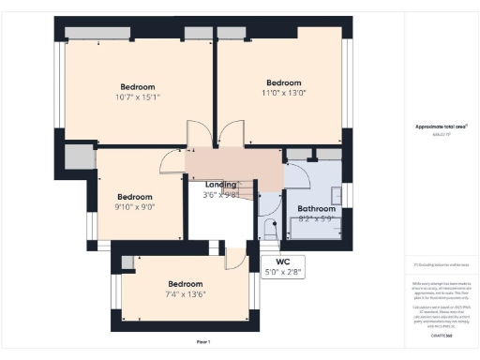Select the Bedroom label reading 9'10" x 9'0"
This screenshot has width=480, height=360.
[135, 202]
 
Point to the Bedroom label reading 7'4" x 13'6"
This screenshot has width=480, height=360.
[186, 290]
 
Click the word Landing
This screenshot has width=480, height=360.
[221, 185]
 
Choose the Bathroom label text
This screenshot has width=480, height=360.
[316, 209]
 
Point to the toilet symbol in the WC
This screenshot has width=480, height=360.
[268, 227]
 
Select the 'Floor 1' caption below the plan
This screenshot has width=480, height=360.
[203, 341]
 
